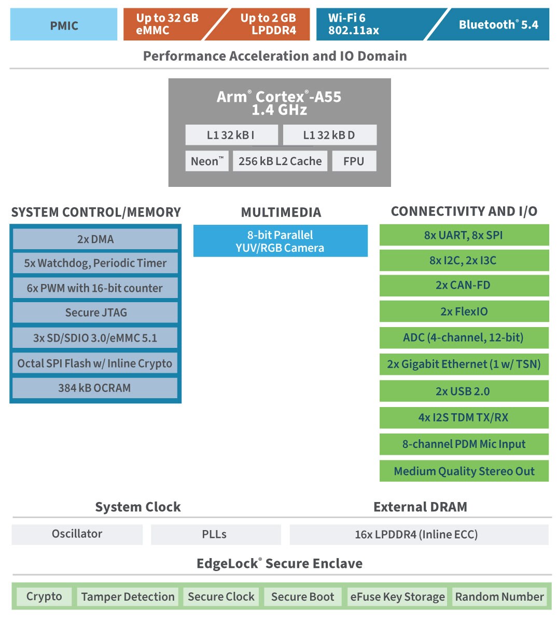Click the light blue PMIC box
(x=64, y=25)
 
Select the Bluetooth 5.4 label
(x=498, y=24)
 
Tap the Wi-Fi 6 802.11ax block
(x=363, y=24)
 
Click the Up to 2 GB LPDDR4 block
(x=268, y=24)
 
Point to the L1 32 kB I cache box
(x=231, y=135)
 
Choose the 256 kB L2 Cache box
(x=280, y=161)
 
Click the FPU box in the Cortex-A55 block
(x=354, y=161)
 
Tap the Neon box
(x=207, y=161)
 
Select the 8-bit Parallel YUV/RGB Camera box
(x=280, y=241)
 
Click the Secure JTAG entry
(x=95, y=313)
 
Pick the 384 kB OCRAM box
(x=95, y=388)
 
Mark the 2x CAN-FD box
(x=464, y=285)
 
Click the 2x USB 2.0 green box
(x=464, y=391)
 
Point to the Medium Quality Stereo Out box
(x=464, y=471)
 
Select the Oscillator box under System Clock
(x=77, y=534)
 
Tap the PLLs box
(x=215, y=534)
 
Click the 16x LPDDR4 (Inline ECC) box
(x=418, y=534)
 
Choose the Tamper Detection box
(x=128, y=597)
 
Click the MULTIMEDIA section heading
(x=281, y=212)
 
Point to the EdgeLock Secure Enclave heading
(x=280, y=563)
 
